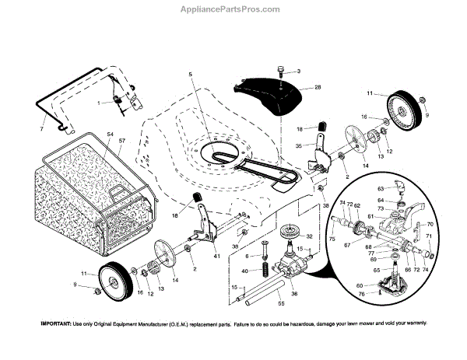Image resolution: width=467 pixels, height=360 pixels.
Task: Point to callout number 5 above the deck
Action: pos(188,75)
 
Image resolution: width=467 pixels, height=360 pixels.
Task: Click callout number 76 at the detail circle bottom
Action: pos(381,294)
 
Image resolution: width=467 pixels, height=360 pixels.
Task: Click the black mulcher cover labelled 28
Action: pos(269,93)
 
